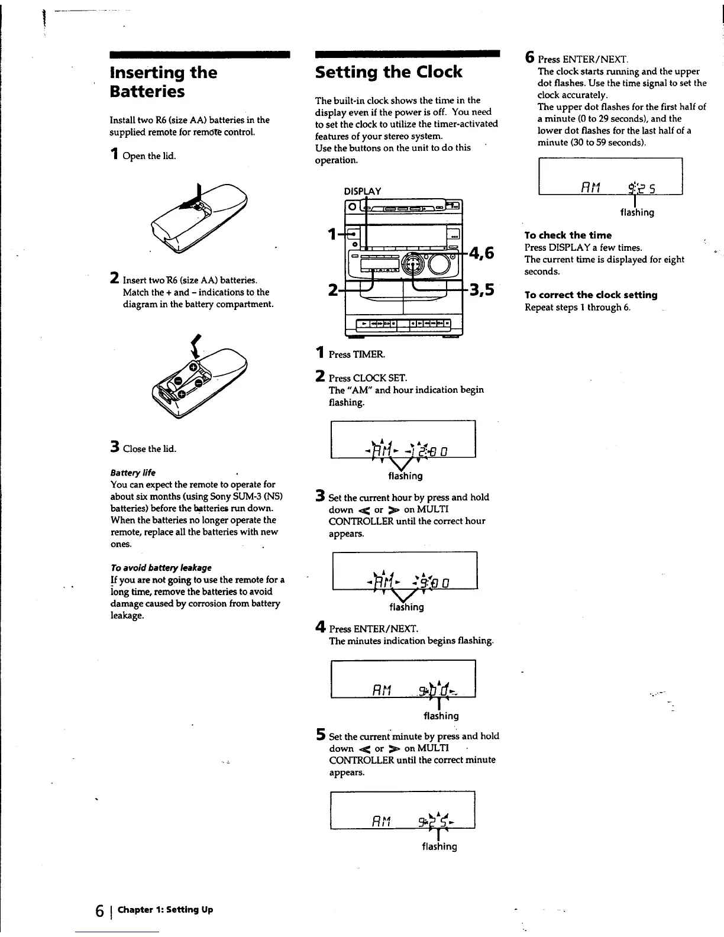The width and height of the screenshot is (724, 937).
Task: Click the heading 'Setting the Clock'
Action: tap(389, 72)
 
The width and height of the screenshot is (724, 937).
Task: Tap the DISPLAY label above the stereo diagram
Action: tap(363, 191)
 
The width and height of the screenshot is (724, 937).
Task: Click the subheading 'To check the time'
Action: tap(568, 235)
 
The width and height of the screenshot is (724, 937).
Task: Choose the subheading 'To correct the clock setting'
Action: tap(591, 295)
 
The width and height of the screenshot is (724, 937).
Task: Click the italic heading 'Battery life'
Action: tap(133, 473)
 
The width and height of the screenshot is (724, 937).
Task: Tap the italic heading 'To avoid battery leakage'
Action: tap(161, 567)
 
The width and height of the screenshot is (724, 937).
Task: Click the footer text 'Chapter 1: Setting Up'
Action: tap(165, 909)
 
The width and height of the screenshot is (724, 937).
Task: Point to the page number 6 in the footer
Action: tap(100, 910)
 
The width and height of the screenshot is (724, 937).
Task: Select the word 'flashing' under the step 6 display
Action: tap(637, 212)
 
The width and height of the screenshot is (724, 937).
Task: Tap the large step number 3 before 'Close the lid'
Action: tap(115, 447)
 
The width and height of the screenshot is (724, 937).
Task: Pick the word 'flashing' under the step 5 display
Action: tap(439, 846)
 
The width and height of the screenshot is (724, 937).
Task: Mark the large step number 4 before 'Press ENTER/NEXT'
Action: tap(320, 627)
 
